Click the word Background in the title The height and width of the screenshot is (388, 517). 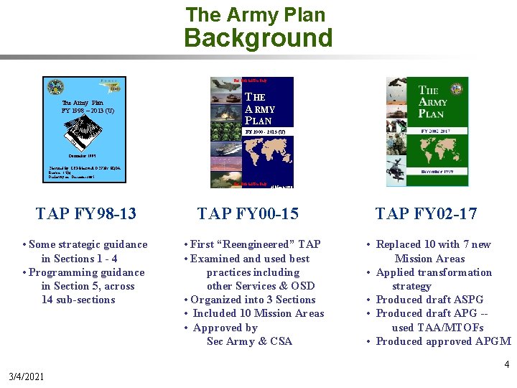pos(258,37)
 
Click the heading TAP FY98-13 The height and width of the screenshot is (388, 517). pos(86,213)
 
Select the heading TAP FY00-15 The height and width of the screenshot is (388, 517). pos(248,213)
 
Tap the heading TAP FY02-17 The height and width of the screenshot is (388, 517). pos(426,213)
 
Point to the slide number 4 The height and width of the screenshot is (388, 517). pos(506,364)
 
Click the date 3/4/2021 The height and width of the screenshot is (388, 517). pos(25,377)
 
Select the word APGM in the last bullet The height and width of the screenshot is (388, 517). pos(493,341)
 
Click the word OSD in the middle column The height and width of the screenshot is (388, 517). pos(303,286)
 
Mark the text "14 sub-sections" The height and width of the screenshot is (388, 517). pos(78,300)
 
